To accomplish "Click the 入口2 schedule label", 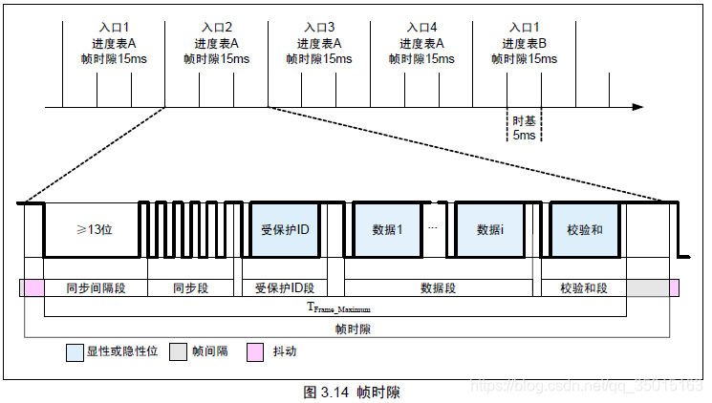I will coord(217,28).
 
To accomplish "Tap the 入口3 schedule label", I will coord(318,28).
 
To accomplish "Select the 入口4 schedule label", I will coord(421,28).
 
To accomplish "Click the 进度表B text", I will coord(524,43).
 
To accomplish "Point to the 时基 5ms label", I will coord(524,128).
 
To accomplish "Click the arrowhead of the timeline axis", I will coord(637,107).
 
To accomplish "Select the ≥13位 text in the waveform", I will coord(95,230).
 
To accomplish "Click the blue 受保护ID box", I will coord(286,230).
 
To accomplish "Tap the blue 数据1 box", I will coord(386,230).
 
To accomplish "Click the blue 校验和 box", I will coord(584,230).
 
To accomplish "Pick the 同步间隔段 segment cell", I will coord(95,287).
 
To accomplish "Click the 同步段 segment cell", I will coord(191,287).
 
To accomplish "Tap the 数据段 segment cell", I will coord(438,287).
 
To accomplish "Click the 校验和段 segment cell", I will coord(583,287).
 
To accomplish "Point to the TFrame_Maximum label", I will coord(336,308).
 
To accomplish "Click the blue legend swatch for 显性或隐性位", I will coord(75,351).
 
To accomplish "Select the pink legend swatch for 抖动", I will coord(255,351).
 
